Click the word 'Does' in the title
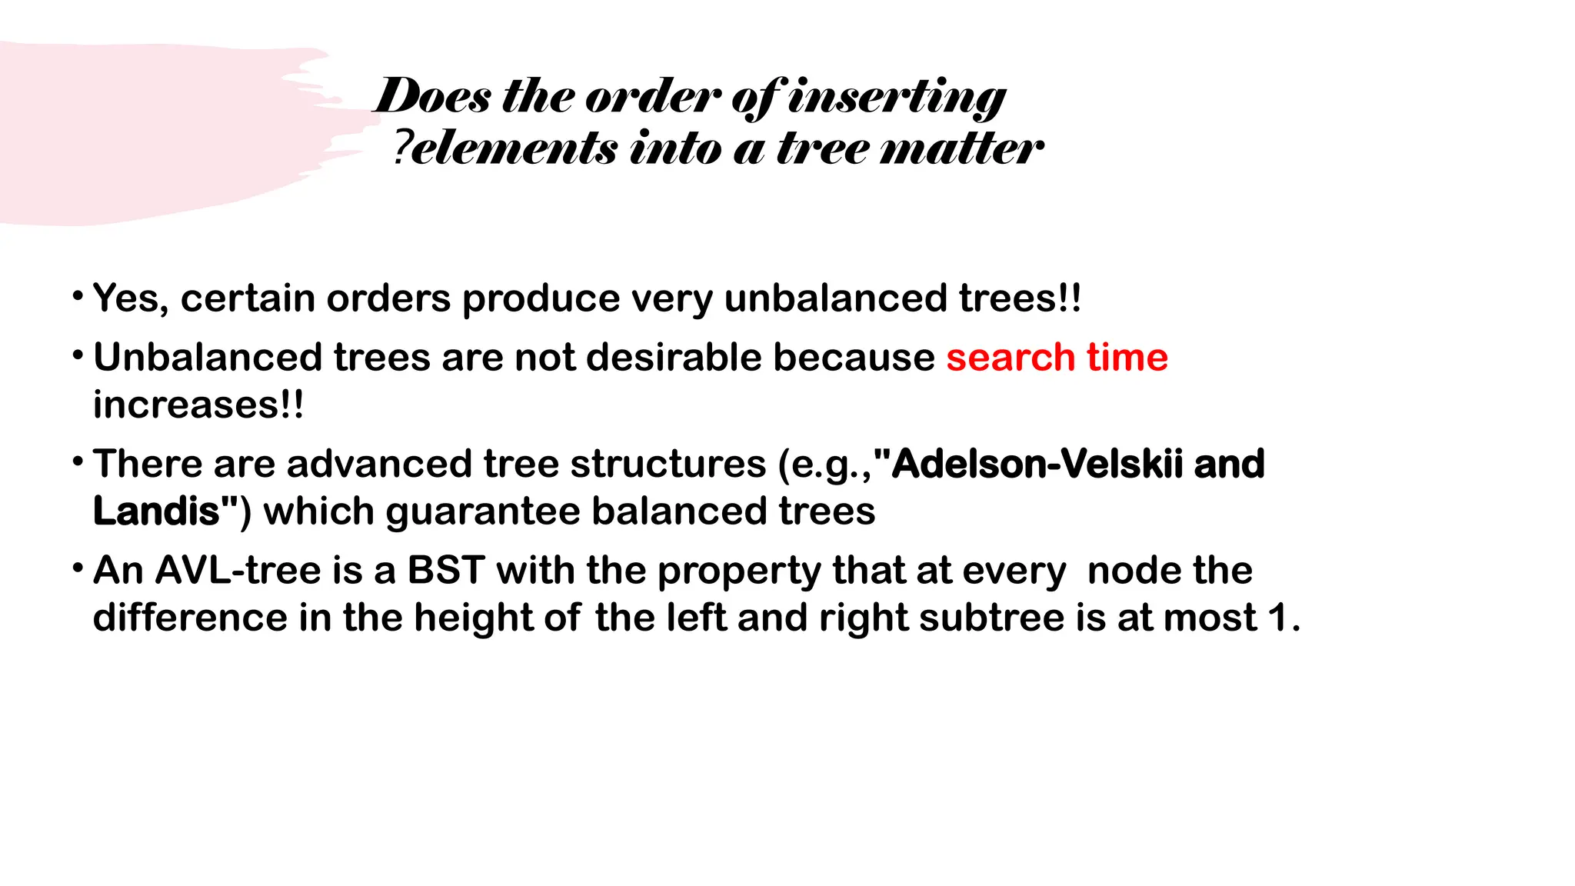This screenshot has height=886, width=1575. [433, 97]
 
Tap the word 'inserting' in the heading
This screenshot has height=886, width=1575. [897, 98]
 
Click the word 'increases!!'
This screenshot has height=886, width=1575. [198, 405]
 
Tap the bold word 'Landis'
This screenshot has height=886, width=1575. [157, 511]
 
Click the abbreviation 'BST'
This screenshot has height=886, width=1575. [445, 571]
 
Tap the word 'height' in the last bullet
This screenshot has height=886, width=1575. [473, 618]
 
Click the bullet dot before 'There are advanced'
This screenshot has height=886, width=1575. [78, 463]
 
